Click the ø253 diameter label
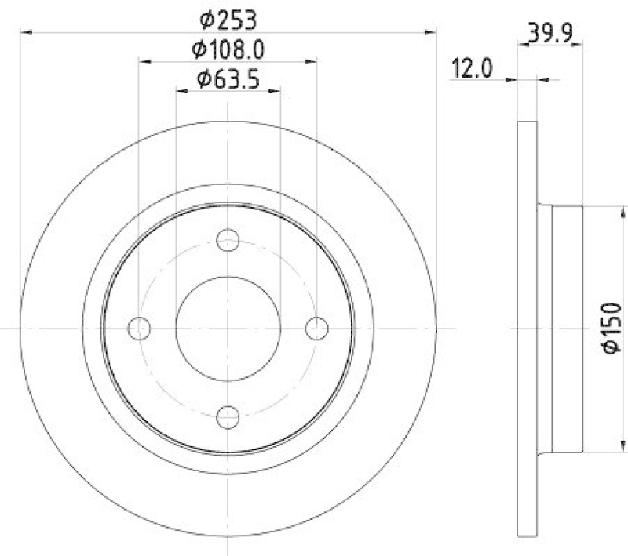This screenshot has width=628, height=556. (x=228, y=20)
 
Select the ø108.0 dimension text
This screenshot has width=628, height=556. (x=228, y=49)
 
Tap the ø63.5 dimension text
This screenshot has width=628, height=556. (x=228, y=78)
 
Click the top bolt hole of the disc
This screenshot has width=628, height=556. (x=228, y=239)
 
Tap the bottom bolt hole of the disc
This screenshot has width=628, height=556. (x=228, y=416)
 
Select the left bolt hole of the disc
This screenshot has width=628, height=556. (x=139, y=328)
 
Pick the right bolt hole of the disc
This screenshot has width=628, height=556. (x=316, y=328)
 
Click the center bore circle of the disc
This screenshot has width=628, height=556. (x=228, y=328)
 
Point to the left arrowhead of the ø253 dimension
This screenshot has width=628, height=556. (x=25, y=31)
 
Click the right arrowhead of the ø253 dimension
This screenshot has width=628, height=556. (x=431, y=31)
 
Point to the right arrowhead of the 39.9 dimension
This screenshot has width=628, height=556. (x=579, y=45)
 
